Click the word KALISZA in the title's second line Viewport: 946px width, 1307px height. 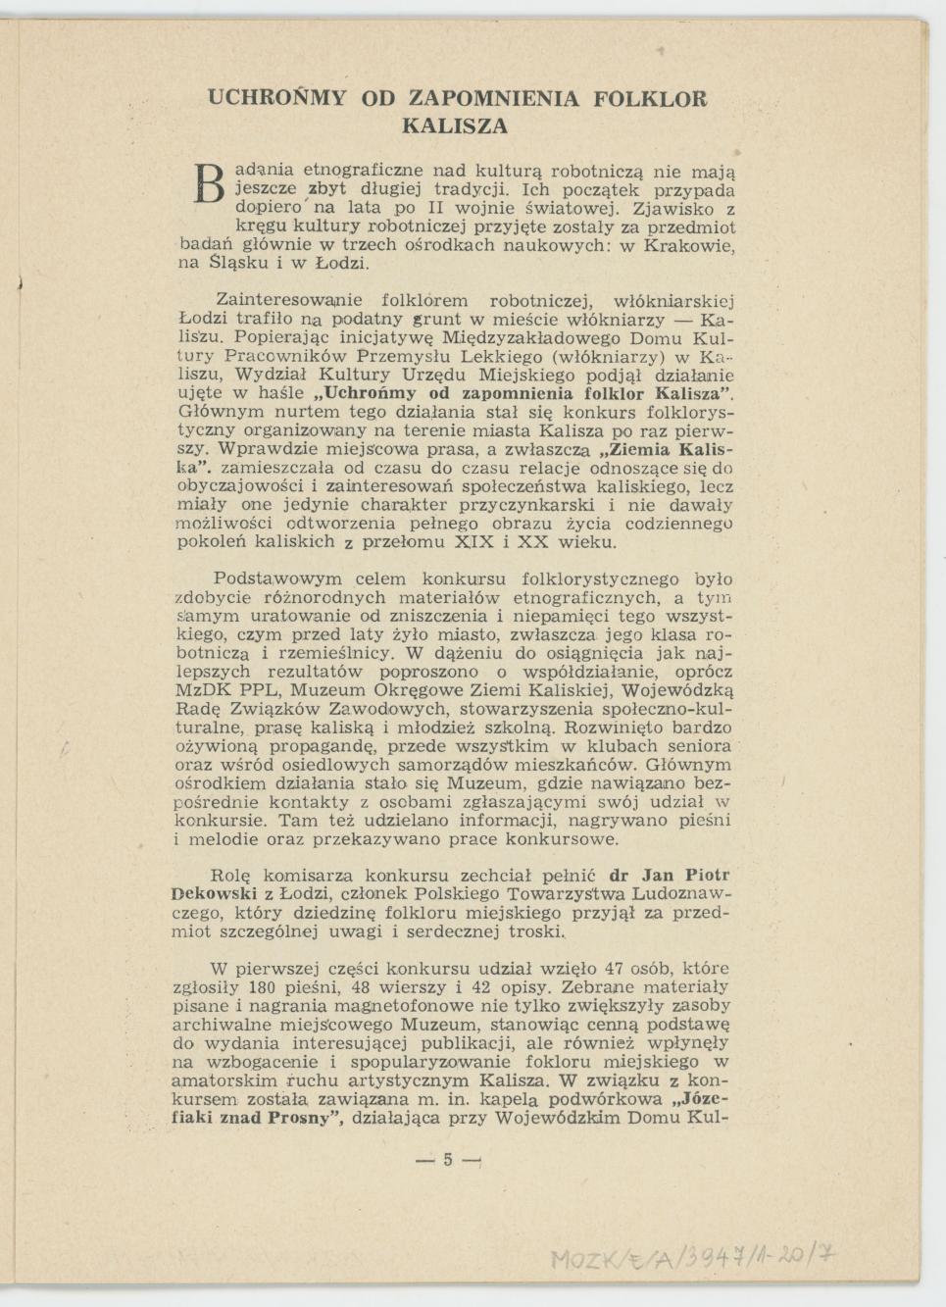455,126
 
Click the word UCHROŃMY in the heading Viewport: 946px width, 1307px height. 277,99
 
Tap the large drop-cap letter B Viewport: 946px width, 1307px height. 209,183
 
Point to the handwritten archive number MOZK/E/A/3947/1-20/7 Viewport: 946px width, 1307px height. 693,1257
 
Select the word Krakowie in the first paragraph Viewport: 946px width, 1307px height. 689,245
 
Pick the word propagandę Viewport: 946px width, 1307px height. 336,745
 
